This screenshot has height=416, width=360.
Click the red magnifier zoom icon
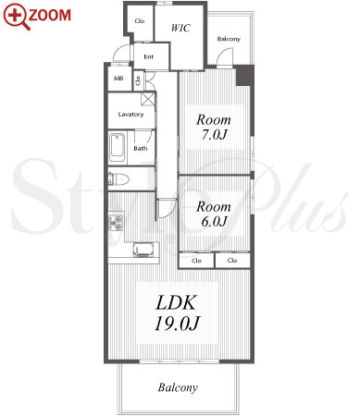[x=16, y=16]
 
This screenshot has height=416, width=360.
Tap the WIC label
[x=180, y=28]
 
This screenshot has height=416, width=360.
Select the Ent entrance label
[x=149, y=56]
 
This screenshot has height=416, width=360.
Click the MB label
[x=118, y=79]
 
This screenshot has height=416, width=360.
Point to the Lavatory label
[x=130, y=115]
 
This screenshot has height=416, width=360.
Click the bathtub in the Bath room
[x=118, y=149]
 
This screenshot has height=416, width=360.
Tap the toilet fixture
[x=118, y=179]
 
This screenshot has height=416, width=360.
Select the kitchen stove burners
[x=117, y=223]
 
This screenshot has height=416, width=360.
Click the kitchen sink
[x=143, y=250]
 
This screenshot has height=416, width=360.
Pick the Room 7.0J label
[x=214, y=127]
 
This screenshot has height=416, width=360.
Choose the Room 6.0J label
[x=214, y=214]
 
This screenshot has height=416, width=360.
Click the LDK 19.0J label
[x=177, y=312]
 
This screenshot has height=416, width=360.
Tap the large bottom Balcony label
[x=178, y=387]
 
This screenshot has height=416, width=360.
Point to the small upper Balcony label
[x=229, y=39]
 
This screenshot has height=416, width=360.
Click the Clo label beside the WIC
[x=140, y=21]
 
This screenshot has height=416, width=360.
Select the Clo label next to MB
[x=138, y=80]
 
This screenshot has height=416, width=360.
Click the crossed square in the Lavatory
[x=148, y=99]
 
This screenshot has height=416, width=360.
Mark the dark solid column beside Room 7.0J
[x=245, y=76]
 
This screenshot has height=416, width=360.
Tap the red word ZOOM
[x=50, y=16]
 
